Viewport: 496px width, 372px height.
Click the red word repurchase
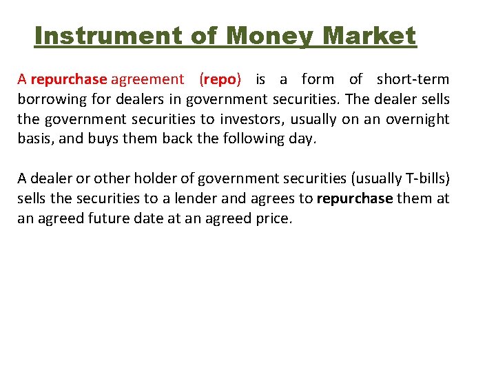pos(68,79)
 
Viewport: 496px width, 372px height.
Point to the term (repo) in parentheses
pos(220,79)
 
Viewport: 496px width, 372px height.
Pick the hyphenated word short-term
pos(413,79)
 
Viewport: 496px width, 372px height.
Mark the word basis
pos(32,139)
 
